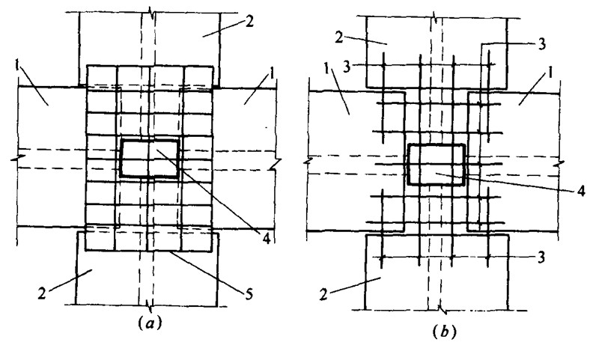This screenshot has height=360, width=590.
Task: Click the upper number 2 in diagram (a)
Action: [x=250, y=22]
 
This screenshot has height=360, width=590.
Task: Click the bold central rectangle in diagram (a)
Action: [x=150, y=158]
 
